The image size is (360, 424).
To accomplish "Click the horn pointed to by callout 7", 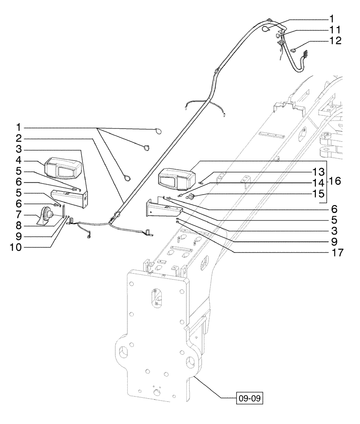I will coord(47,216).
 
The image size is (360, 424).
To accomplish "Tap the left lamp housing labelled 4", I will coord(61,167).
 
